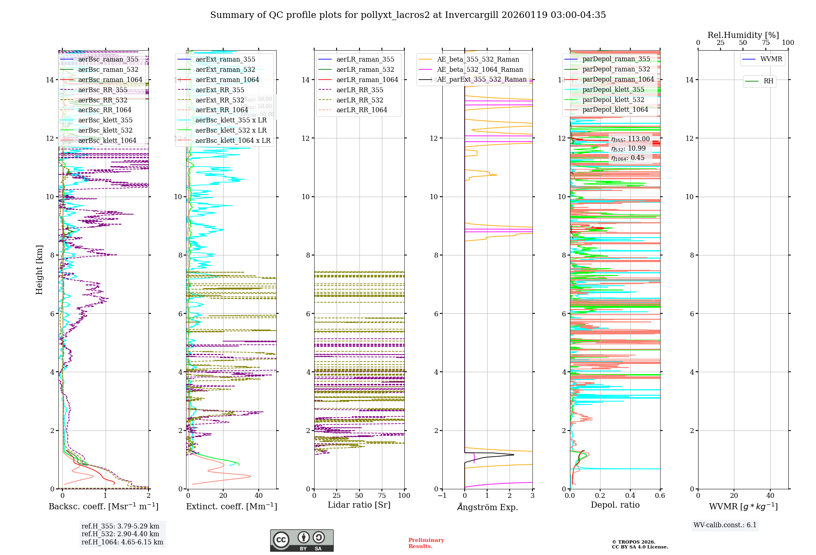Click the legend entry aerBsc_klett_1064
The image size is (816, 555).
(107, 140)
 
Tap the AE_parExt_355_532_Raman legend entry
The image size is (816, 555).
(481, 80)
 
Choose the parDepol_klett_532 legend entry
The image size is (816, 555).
(613, 100)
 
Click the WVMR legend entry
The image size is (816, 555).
(771, 59)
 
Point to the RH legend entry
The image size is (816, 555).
(768, 81)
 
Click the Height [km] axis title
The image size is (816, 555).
(39, 269)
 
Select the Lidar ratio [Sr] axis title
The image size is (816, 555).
(359, 505)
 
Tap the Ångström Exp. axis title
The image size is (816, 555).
(487, 507)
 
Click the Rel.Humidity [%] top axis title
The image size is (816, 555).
(743, 35)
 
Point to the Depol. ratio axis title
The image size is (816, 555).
(615, 505)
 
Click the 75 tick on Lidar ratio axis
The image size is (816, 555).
(382, 495)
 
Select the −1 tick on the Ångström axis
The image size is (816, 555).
(442, 495)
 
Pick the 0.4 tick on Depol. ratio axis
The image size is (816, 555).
(630, 495)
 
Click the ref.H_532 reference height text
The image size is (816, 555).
(120, 534)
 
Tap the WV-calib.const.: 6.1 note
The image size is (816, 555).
(725, 525)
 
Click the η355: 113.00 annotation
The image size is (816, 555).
(630, 139)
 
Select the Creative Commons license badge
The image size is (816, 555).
(302, 540)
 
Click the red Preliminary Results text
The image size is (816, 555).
(426, 543)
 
